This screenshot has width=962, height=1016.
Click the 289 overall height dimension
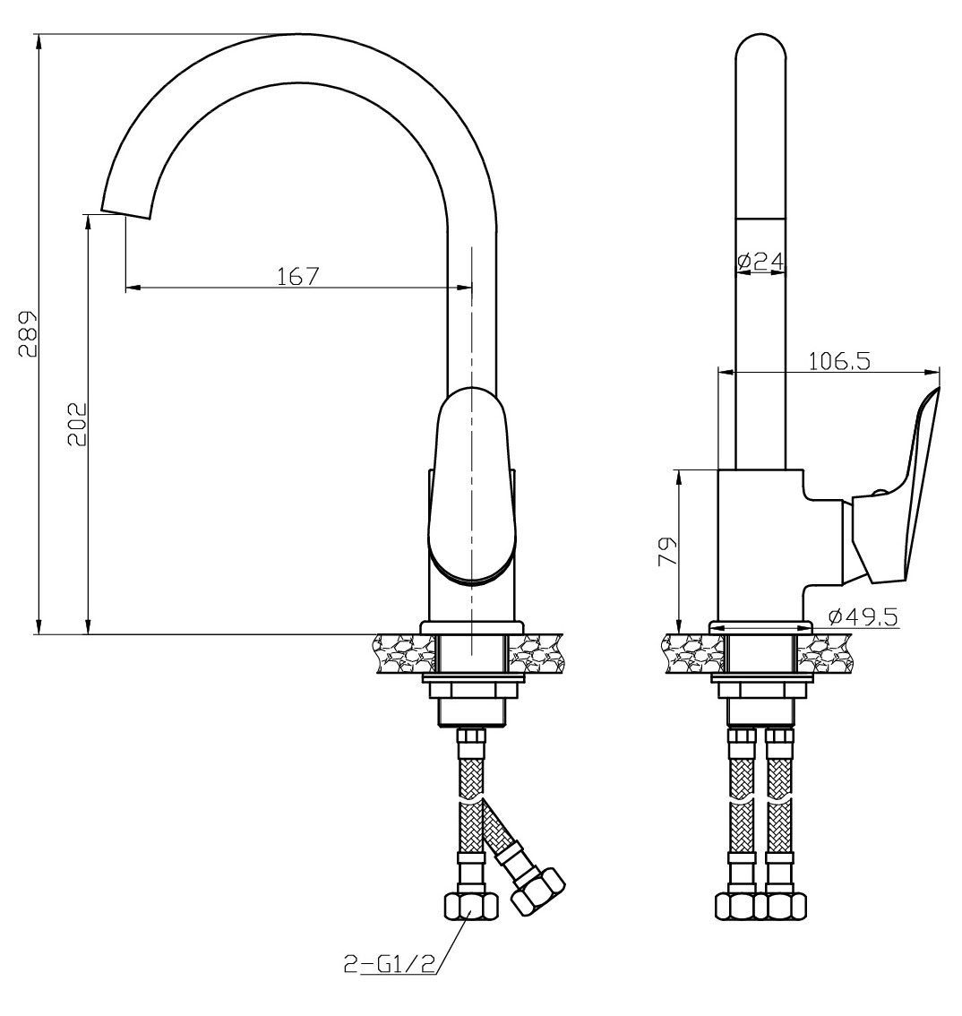[27, 333]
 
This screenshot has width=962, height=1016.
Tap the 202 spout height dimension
[76, 425]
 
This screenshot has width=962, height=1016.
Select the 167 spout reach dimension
[298, 276]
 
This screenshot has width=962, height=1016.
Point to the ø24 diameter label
[760, 261]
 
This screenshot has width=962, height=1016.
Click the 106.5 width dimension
[839, 361]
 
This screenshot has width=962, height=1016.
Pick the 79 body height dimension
[667, 551]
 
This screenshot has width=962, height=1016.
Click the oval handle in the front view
[471, 486]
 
